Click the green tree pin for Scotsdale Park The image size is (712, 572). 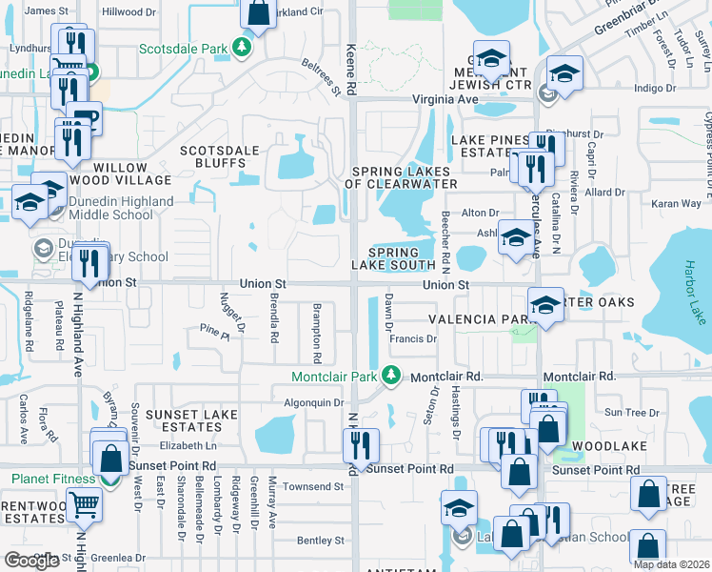(x=244, y=47)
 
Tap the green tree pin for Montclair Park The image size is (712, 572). (x=390, y=376)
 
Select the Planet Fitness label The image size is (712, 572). (x=53, y=479)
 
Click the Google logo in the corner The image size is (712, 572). (x=31, y=561)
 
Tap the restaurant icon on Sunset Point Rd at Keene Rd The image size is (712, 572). (x=361, y=445)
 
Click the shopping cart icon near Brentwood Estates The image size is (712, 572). (x=85, y=504)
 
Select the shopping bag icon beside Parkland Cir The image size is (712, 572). (x=258, y=12)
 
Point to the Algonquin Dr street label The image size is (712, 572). (x=313, y=403)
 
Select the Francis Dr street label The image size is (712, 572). (x=414, y=338)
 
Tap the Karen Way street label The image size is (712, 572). (x=676, y=203)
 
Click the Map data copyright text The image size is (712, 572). (x=671, y=564)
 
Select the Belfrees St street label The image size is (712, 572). (x=322, y=79)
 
